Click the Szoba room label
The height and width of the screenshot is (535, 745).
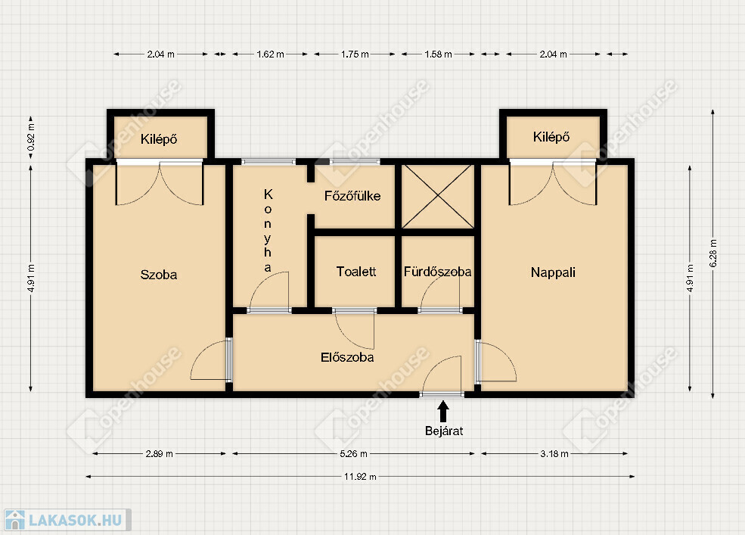[159, 275]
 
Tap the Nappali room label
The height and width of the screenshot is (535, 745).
[553, 272]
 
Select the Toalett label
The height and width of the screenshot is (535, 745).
[356, 272]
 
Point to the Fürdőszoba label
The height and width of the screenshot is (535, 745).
[438, 272]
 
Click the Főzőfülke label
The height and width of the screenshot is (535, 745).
[352, 195]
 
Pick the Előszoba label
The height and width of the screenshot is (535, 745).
[347, 357]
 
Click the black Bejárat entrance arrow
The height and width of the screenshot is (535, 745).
[443, 412]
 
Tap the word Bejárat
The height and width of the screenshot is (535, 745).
[444, 431]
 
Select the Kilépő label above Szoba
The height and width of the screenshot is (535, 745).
[159, 139]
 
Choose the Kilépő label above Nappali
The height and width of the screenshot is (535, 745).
[551, 137]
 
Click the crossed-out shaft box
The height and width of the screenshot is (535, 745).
[438, 197]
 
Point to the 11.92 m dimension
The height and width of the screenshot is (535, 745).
[360, 477]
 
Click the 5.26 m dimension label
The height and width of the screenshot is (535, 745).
[353, 454]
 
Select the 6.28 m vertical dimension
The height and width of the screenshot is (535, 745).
[712, 253]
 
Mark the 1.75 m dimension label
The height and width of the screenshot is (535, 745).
[355, 54]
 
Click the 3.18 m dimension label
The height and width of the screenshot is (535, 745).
[554, 454]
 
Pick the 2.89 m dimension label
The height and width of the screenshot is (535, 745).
[159, 454]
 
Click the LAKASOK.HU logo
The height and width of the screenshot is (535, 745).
[67, 520]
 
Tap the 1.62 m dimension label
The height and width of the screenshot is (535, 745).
[270, 54]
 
